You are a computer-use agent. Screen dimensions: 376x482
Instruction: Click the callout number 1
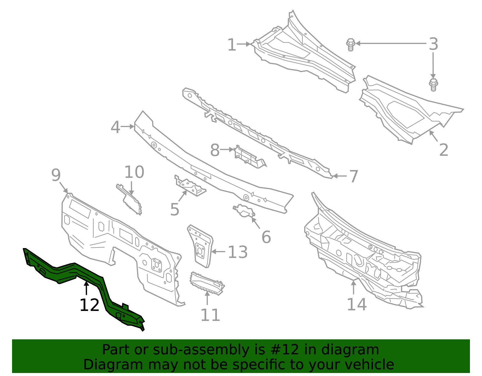coord(231,45)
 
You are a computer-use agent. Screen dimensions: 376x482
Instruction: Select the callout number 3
coord(433,44)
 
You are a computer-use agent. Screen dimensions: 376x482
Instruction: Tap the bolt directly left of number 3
coord(350,45)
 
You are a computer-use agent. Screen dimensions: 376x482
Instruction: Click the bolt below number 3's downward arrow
coord(433,85)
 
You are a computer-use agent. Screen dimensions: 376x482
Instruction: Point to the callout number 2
coord(443,150)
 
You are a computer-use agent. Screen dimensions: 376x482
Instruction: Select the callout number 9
coord(56,175)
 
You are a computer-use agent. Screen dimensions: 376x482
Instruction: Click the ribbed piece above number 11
coord(207,283)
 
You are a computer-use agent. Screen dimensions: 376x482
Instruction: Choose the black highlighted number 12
coord(89,305)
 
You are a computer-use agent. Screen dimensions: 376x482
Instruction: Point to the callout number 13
coord(237,252)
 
